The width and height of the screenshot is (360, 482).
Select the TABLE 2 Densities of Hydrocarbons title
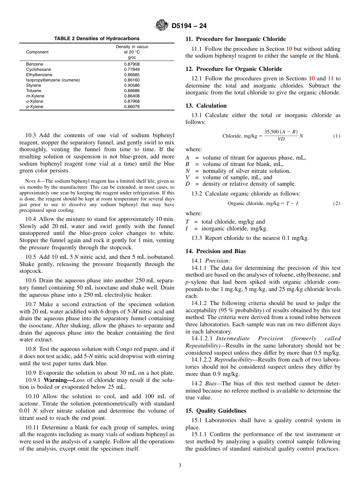[97, 39]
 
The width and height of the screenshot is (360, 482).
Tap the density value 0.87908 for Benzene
[131, 64]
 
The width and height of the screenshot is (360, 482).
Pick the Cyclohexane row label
[38, 70]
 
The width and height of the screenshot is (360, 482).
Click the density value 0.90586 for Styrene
[131, 86]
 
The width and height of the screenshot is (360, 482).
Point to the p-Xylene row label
[34, 107]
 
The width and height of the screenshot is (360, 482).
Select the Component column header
[37, 52]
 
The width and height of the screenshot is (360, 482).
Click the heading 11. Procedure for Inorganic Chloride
[235, 39]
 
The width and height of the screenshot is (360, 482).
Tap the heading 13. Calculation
[206, 106]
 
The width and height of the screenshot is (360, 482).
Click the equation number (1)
[337, 136]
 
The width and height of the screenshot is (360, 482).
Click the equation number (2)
[337, 203]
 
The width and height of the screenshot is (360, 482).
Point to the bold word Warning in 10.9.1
[57, 380]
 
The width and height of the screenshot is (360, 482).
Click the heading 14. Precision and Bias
[215, 251]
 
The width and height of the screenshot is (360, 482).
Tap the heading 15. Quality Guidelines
[216, 411]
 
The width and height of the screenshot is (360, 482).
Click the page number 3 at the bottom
[180, 466]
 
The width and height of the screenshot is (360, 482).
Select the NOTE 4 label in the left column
[32, 181]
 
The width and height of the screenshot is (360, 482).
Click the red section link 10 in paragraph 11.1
[289, 49]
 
